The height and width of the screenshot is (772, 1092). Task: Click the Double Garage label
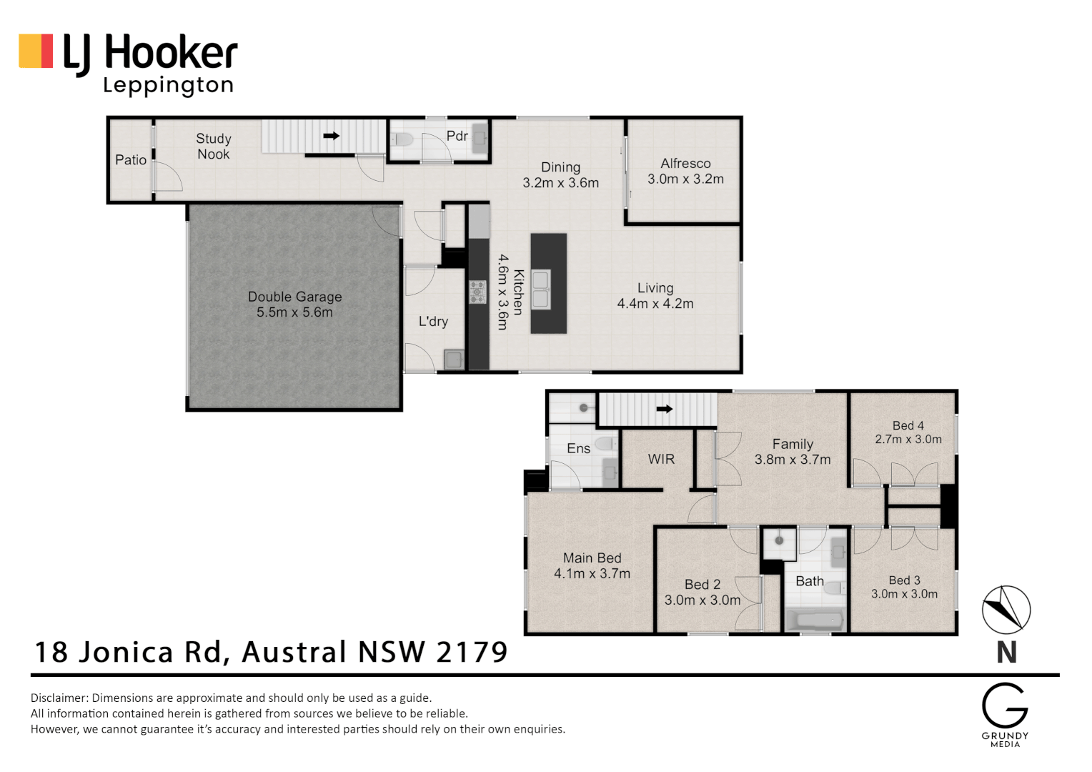[x=294, y=297]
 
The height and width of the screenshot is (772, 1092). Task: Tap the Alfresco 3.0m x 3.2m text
[x=685, y=172]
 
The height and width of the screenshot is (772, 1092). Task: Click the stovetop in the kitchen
[x=477, y=292]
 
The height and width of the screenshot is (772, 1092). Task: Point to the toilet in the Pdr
[x=403, y=139]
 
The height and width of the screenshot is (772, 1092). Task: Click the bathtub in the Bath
[x=815, y=620]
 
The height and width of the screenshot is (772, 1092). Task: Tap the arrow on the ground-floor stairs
[x=331, y=135]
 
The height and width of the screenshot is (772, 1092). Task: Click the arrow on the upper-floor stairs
[x=665, y=410]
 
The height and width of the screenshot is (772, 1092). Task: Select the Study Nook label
[x=213, y=146]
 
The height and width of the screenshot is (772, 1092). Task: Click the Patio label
[x=131, y=160]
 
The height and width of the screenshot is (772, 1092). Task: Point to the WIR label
[x=661, y=459]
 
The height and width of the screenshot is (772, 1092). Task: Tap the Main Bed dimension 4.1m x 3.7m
[x=592, y=573]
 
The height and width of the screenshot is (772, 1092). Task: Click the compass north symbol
[x=1006, y=610]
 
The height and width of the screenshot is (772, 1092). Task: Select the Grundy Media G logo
[x=1004, y=706]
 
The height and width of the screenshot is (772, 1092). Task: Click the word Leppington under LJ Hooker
[x=169, y=86]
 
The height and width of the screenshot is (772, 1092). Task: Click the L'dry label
[x=433, y=322]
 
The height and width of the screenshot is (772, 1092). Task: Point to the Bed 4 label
[x=908, y=425]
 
